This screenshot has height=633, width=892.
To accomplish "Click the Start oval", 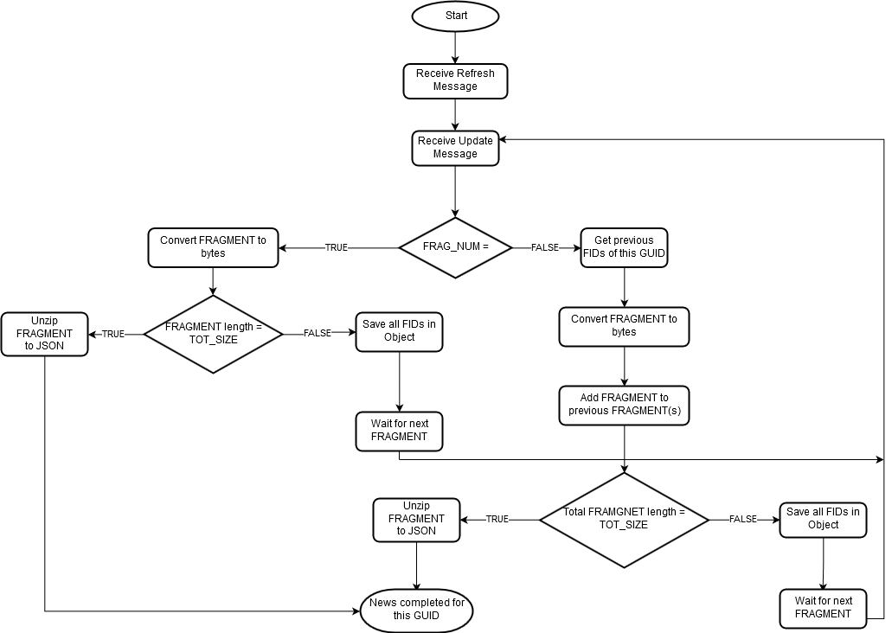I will [x=455, y=16].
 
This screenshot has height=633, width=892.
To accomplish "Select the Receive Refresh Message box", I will [x=455, y=80].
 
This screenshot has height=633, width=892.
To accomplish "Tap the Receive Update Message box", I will [x=455, y=147].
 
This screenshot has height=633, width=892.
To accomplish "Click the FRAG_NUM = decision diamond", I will [x=455, y=247].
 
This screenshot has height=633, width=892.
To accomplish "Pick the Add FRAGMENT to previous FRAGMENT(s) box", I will [x=624, y=405].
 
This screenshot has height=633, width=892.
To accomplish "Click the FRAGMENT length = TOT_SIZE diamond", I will [x=213, y=334].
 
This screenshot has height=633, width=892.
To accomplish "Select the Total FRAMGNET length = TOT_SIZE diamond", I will [x=624, y=519].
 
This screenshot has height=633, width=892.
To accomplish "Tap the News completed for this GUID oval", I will [x=416, y=610].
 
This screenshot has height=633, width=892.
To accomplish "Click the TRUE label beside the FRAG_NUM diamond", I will [x=336, y=247].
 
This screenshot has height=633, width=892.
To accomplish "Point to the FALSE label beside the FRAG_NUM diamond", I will [x=544, y=247].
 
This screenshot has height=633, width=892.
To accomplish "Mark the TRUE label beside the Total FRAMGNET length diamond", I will [x=497, y=519].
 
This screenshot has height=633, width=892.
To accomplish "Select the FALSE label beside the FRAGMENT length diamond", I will [x=317, y=334].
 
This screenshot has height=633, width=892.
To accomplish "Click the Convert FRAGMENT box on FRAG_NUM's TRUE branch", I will [x=213, y=247].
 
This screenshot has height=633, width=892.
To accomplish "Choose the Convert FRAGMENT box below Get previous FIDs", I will [x=624, y=326].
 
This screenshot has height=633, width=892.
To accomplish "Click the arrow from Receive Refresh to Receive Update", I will [x=455, y=114].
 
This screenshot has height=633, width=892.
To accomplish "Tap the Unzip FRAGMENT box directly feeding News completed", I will [x=416, y=519].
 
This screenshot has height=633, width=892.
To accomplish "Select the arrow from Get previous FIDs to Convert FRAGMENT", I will [x=624, y=287].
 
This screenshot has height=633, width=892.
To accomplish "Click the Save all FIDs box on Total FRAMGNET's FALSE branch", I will [x=823, y=519].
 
